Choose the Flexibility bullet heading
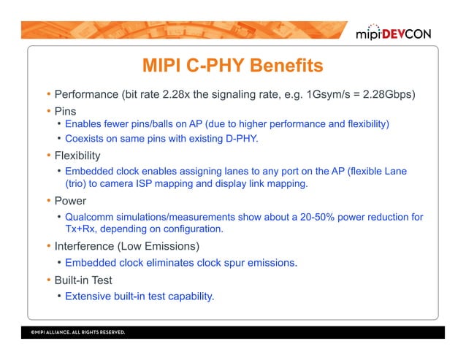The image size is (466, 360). [77, 156]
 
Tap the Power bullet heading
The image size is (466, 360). [70, 202]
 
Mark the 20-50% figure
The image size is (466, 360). [310, 217]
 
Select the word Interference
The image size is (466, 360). [87, 247]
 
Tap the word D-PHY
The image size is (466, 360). [243, 138]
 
